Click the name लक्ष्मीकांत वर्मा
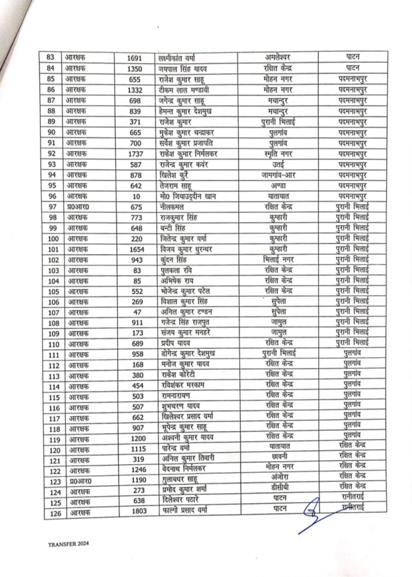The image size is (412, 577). (x=183, y=57)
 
